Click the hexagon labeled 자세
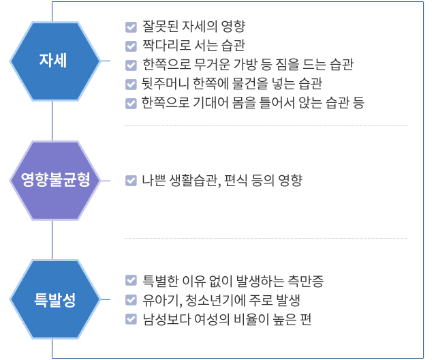(54, 61)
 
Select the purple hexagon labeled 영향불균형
(54, 181)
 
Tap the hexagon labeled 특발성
(54, 299)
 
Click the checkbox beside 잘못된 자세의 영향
(131, 27)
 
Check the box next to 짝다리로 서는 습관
(131, 46)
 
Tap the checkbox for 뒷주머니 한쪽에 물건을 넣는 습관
(131, 85)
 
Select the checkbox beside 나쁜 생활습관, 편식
(131, 180)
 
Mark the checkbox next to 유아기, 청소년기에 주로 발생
(131, 300)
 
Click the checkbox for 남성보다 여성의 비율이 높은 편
(131, 319)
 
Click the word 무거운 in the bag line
(212, 64)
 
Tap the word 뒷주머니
(166, 83)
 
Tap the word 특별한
(161, 281)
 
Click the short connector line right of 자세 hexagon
(106, 61)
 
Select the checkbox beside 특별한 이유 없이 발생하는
(131, 280)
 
